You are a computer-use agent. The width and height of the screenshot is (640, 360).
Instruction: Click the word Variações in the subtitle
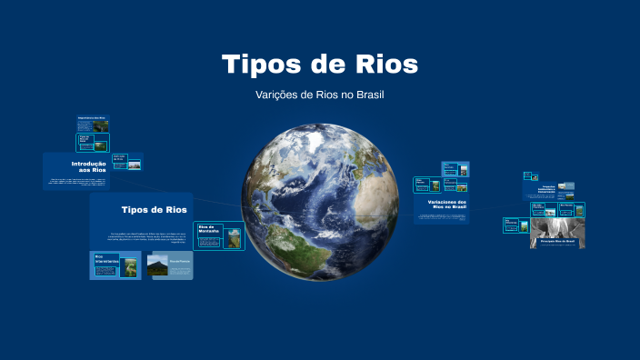click(x=284, y=95)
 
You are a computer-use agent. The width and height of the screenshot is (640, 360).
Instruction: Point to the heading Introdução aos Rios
click(x=89, y=166)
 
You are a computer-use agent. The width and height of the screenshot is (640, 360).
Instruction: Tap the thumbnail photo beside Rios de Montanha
click(x=235, y=237)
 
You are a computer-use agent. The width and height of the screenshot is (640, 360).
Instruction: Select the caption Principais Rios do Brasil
click(x=558, y=241)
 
